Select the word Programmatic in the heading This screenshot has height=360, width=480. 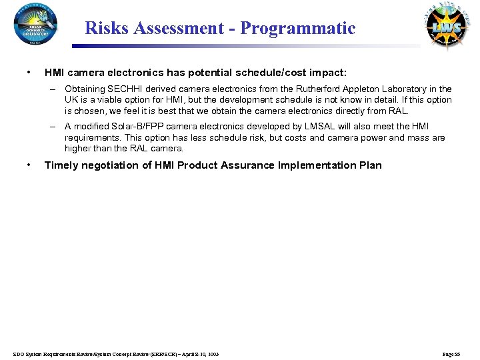click(298, 28)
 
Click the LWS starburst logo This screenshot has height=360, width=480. click(447, 27)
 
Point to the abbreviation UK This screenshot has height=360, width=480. click(71, 100)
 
